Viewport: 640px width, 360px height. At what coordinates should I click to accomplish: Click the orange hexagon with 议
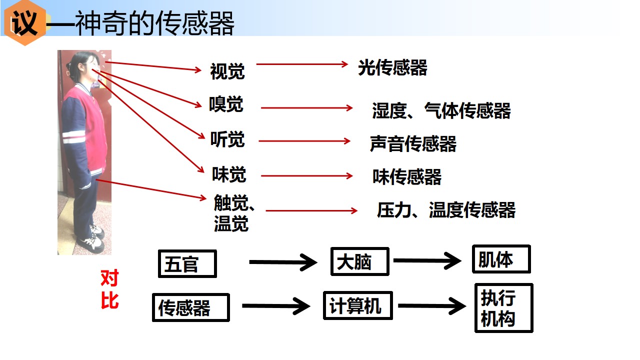tap(25, 22)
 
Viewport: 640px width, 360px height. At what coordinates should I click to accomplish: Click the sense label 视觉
tap(227, 71)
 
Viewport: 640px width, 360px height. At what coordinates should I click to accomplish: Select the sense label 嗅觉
tap(226, 104)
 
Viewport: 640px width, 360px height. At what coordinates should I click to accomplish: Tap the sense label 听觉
tap(227, 139)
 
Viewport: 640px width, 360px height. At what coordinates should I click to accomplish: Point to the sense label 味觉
tap(229, 174)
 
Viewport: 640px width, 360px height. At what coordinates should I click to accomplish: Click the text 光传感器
tap(392, 67)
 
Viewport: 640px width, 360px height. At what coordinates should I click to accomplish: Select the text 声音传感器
tap(413, 143)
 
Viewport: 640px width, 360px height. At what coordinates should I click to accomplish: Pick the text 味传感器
tap(407, 176)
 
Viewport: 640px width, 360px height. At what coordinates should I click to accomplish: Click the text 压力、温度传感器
tap(446, 210)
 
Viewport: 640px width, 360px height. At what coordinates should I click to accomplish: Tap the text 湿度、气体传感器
tap(441, 110)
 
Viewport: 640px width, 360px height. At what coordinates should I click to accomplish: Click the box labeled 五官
tap(187, 263)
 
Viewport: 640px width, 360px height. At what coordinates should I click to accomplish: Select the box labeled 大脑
tap(359, 261)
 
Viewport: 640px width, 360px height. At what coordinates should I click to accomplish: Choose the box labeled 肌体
tap(501, 259)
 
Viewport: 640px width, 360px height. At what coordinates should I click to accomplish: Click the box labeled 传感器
tap(191, 307)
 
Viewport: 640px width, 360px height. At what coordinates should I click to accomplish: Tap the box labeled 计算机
tap(357, 305)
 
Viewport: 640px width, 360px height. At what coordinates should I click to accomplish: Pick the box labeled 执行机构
tap(504, 308)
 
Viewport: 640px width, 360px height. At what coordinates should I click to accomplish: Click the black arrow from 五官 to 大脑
tap(283, 262)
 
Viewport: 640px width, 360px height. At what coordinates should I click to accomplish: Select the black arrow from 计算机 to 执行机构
tap(432, 305)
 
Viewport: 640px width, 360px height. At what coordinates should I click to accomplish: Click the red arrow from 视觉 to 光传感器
tap(302, 64)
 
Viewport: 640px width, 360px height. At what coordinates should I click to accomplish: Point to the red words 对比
tap(109, 289)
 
